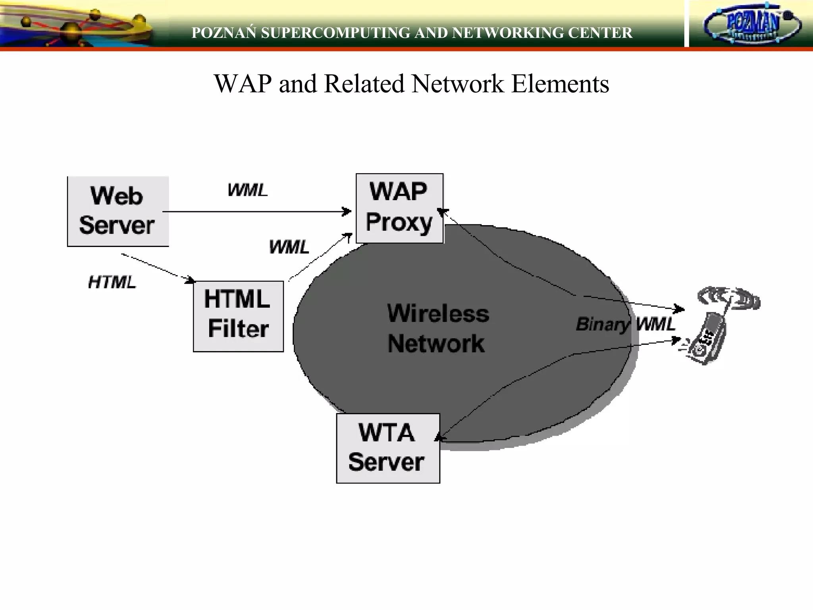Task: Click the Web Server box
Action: tap(118, 211)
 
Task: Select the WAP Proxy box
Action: tap(399, 208)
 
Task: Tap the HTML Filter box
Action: tap(238, 316)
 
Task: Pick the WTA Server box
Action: tap(388, 448)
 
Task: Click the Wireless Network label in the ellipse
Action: tap(437, 328)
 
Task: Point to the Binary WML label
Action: tap(625, 324)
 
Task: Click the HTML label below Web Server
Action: tap(112, 282)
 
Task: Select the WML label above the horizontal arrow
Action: tap(247, 190)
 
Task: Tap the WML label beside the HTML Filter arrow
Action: tap(289, 247)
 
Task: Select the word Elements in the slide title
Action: tap(560, 84)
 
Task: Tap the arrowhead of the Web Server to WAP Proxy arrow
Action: tap(347, 211)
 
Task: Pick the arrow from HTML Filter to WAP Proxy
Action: tap(320, 257)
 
